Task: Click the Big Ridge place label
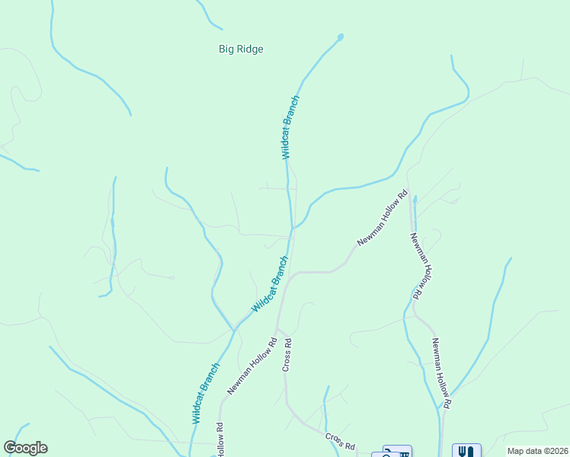[241, 49]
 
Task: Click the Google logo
[25, 448]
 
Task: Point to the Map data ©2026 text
[537, 451]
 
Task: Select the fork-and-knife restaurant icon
[467, 451]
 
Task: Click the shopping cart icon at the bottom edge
[397, 452]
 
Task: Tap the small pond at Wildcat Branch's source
[340, 36]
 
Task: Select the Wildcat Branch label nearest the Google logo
[206, 393]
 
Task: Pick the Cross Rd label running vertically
[287, 355]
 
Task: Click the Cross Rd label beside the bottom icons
[340, 441]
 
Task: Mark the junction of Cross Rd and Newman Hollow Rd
[278, 327]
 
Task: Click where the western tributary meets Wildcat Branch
[235, 329]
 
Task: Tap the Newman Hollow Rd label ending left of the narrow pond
[383, 218]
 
